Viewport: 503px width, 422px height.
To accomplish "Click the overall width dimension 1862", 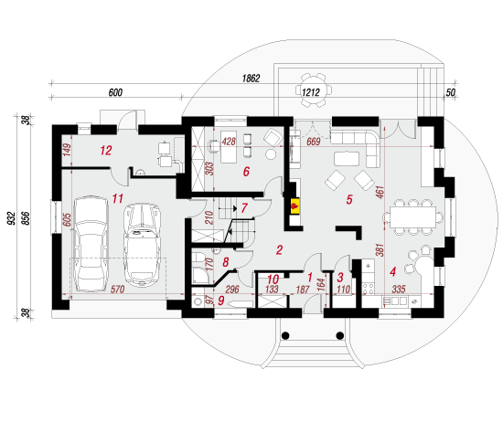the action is coord(251,79).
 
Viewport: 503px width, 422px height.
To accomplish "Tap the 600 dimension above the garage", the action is coord(115,92).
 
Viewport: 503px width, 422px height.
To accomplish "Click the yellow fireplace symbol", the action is coord(295,206).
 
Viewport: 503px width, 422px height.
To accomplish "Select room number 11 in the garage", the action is coord(118,198).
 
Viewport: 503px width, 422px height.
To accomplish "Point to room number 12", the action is coord(106,151).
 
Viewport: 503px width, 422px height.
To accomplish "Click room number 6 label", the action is coord(246,172).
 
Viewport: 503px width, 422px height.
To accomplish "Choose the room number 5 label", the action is coord(349,199).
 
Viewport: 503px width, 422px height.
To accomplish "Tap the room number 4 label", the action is coord(392,271).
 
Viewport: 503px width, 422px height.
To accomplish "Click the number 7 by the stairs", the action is coord(244,208).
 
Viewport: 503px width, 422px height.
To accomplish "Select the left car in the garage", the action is coord(91,244).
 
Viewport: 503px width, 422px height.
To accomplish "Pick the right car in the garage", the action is coord(142,244).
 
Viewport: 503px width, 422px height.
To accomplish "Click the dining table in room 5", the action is coord(412,217).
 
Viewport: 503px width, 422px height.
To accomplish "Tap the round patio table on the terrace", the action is coord(314,90).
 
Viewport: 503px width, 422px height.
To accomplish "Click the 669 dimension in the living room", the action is coord(314,142).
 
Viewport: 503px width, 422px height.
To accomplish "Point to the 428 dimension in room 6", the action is coord(229,142).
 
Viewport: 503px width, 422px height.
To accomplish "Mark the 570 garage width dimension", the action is coord(117,290).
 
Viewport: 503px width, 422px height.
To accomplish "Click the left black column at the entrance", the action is coord(285,335).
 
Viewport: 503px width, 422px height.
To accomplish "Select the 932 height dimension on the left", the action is coord(12,218).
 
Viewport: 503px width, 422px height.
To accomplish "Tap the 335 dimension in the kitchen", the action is coord(399,290).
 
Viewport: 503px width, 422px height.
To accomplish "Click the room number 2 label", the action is coord(280,250).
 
